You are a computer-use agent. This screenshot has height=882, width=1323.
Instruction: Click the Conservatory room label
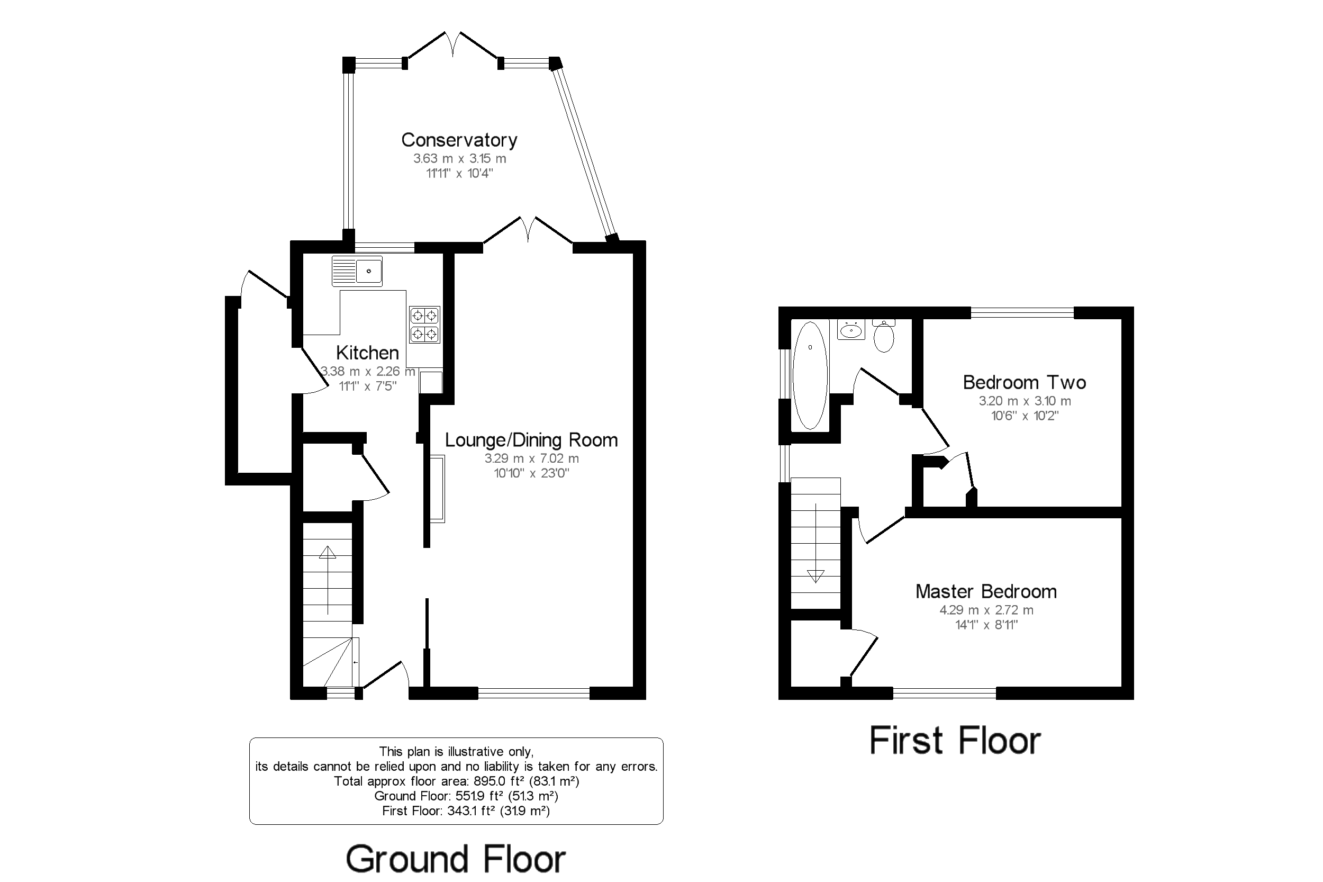tap(459, 140)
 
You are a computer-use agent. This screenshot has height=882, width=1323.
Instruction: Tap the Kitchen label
tap(367, 353)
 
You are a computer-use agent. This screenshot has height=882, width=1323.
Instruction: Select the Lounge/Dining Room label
tap(531, 440)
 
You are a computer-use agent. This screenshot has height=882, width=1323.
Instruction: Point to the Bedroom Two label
tap(1025, 382)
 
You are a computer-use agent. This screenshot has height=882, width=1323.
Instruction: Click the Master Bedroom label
tap(986, 591)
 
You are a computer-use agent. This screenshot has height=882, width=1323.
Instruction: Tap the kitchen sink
tap(357, 271)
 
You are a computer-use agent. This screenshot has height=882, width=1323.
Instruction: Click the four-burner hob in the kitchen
tap(424, 325)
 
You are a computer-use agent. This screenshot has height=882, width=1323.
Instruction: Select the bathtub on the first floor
tap(810, 375)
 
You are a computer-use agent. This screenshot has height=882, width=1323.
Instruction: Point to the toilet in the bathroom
tap(884, 335)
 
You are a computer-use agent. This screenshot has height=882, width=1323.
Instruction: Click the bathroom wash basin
tap(851, 330)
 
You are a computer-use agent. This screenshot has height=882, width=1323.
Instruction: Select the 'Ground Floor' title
tap(456, 859)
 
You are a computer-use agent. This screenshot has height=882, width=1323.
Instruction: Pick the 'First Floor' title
tap(955, 740)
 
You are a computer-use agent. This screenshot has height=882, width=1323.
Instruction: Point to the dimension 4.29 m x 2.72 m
tap(986, 610)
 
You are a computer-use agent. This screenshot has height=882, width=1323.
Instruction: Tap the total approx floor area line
tap(457, 781)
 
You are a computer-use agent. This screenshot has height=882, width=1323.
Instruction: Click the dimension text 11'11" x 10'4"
tap(459, 173)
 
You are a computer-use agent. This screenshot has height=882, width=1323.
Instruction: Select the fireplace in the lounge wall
tap(438, 489)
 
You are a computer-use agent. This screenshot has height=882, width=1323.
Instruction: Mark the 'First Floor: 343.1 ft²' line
tap(466, 811)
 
